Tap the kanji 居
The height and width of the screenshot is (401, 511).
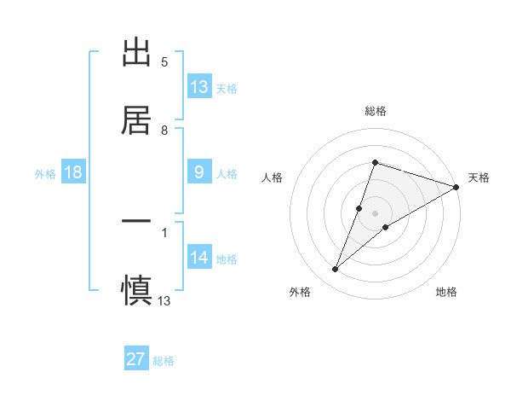136,119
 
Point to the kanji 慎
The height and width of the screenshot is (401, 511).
136,288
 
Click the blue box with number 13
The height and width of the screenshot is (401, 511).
199,86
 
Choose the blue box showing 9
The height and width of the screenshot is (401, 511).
199,171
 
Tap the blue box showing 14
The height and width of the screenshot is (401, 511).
199,257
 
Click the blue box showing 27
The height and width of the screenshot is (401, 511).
136,358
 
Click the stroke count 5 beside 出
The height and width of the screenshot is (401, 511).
164,62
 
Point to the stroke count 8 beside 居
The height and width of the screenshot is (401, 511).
164,131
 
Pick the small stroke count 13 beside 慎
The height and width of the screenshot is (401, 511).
164,300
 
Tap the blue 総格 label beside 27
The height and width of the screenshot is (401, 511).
164,361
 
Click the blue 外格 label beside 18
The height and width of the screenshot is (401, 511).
45,174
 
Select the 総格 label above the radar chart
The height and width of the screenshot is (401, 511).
375,111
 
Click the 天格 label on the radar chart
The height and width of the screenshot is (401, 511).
479,177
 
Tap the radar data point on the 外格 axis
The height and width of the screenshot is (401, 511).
335,270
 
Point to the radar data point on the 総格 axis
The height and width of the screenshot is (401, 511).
375,162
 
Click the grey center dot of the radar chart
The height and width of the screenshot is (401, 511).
375,213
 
